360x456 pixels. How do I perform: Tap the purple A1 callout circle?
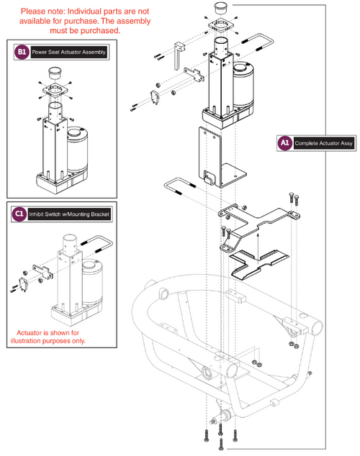pos(284,144)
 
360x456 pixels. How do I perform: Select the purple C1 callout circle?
pos(20,214)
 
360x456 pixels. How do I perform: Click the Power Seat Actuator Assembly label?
pos(68,53)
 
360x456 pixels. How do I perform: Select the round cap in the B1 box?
pos(56,73)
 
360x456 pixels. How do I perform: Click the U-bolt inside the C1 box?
pos(94,241)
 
